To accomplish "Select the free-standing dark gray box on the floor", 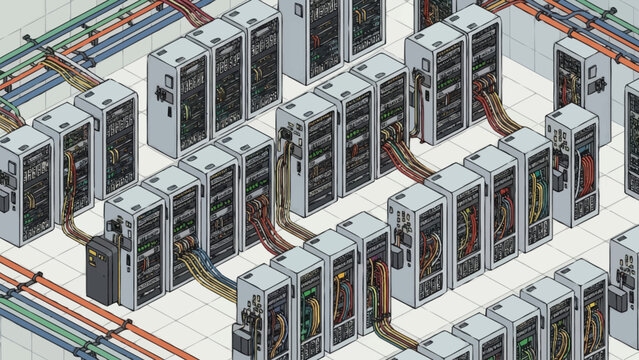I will (x=103, y=272).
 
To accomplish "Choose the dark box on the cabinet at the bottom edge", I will (x=243, y=336).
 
